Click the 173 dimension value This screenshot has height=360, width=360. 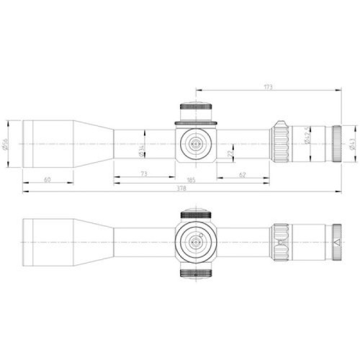(x=269, y=87)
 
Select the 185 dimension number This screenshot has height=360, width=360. (x=191, y=179)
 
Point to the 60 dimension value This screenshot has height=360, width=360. (x=47, y=179)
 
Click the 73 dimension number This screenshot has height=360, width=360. (x=144, y=174)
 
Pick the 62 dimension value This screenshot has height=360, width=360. (x=242, y=174)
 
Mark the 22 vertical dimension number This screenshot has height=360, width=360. (x=230, y=154)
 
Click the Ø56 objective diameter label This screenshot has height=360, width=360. (x=6, y=143)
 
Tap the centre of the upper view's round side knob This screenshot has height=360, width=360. (x=195, y=143)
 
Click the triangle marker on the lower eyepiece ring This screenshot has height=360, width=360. (x=336, y=242)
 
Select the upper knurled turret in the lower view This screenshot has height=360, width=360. (x=195, y=214)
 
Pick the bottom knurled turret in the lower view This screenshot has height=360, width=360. (x=195, y=271)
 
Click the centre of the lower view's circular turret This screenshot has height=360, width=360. (x=195, y=242)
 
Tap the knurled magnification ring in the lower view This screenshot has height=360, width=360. (x=279, y=242)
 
